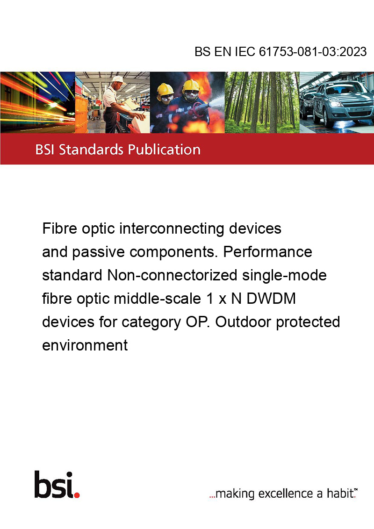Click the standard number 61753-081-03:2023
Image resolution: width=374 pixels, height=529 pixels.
[x=313, y=51]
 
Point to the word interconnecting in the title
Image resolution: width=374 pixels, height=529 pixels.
[x=172, y=229]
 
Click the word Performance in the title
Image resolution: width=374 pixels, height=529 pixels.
[x=267, y=252]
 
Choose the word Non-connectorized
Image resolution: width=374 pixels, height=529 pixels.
[x=172, y=275]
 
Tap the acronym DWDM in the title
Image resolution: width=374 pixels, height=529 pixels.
[x=271, y=299]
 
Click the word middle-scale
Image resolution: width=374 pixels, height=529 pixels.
[x=157, y=299]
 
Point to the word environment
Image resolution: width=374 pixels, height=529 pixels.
[x=85, y=345]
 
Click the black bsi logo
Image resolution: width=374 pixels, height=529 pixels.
[x=54, y=485]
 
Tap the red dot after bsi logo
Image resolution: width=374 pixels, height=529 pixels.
[x=77, y=495]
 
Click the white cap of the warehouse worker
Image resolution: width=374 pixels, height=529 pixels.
[x=118, y=79]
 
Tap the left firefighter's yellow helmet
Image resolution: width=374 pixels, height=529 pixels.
[x=165, y=89]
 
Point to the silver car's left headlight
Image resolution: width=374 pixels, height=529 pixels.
[x=334, y=103]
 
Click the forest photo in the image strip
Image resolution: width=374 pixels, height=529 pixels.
[x=262, y=102]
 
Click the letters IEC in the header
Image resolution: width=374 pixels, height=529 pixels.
[x=245, y=51]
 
